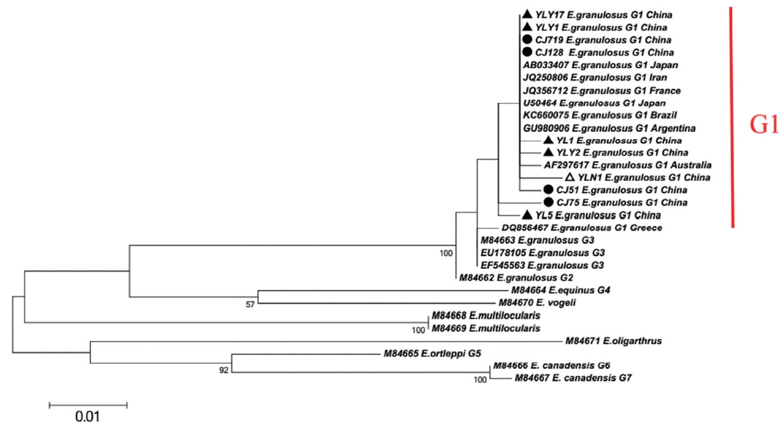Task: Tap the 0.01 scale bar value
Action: (x=88, y=417)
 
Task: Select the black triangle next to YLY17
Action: (x=527, y=15)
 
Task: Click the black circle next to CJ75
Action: (x=548, y=202)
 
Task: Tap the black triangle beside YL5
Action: (x=527, y=215)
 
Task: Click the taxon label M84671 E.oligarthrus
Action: (x=613, y=341)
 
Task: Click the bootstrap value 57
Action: (x=251, y=304)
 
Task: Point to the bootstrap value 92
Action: (x=223, y=370)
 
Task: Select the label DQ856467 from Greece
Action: (x=581, y=227)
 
